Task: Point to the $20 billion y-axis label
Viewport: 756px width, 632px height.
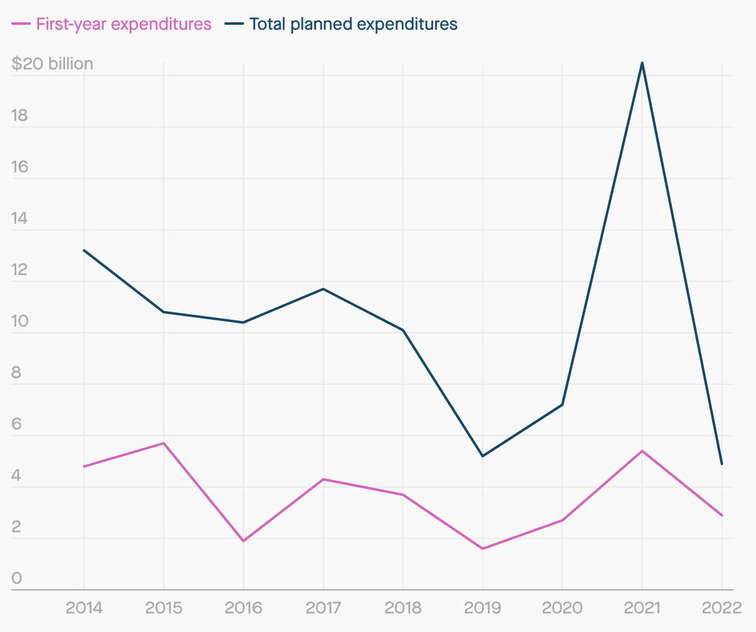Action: pos(52,64)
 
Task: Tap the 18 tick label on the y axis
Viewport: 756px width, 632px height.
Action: pos(20,115)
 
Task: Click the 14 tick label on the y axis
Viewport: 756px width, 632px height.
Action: pos(20,218)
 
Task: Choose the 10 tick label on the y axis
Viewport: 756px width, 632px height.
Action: pos(20,321)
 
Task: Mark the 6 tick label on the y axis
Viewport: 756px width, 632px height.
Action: pos(17,424)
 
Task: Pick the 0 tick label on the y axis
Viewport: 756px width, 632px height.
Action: pos(17,578)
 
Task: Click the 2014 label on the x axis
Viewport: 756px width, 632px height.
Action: pos(84,607)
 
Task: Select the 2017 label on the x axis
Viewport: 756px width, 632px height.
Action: pos(323,607)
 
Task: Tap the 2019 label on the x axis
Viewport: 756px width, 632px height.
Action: pos(483,607)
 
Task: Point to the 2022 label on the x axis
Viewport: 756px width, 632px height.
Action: pos(721,607)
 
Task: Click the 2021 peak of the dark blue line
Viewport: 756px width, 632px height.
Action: pos(642,63)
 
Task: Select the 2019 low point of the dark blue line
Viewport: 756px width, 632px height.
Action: pos(483,456)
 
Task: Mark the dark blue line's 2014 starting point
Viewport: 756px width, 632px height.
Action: pos(84,250)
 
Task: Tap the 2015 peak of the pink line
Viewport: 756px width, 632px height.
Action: pos(164,443)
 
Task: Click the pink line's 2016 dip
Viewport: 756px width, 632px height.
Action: pos(244,541)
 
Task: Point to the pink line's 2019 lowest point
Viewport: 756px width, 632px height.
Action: pos(483,548)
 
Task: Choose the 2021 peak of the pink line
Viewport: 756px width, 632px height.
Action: pos(642,451)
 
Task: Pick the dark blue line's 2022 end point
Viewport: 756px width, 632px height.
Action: pos(721,463)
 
